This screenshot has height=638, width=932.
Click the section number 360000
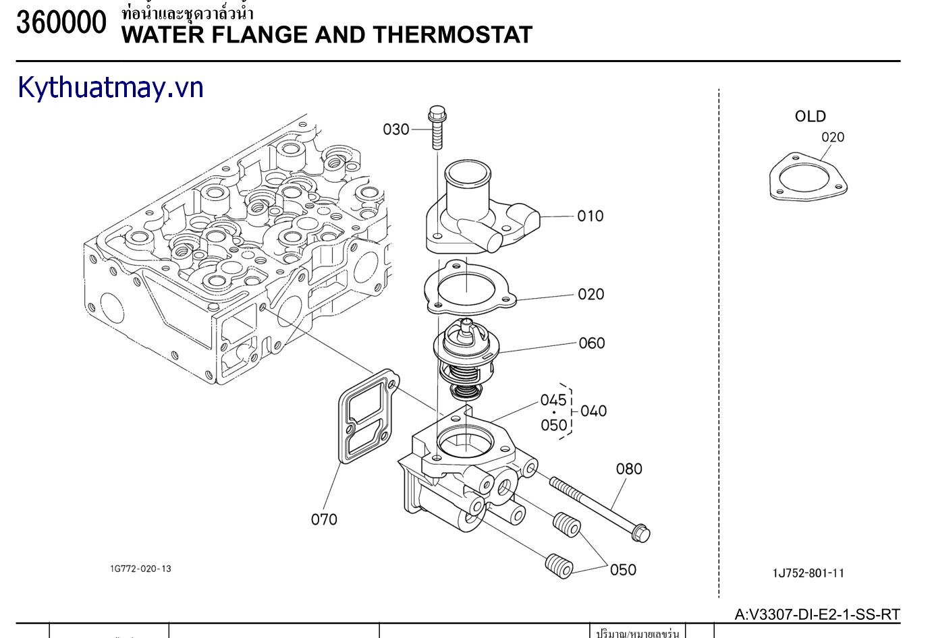[61, 24]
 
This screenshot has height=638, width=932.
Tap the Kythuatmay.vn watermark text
[111, 88]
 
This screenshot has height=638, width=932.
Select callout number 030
[396, 129]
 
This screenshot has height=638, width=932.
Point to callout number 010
[590, 216]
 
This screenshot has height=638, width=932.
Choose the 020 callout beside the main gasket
[591, 294]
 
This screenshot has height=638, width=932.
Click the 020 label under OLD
[832, 138]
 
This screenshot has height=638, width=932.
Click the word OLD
[810, 117]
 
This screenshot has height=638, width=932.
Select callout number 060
[591, 343]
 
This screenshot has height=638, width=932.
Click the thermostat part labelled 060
[466, 357]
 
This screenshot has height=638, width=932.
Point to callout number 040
[593, 411]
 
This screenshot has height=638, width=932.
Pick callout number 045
[553, 400]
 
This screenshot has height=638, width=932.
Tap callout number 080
[628, 469]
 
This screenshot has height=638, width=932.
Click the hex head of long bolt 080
[642, 533]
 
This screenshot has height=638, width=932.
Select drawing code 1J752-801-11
[808, 573]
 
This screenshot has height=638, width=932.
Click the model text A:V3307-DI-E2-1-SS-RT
[817, 614]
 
